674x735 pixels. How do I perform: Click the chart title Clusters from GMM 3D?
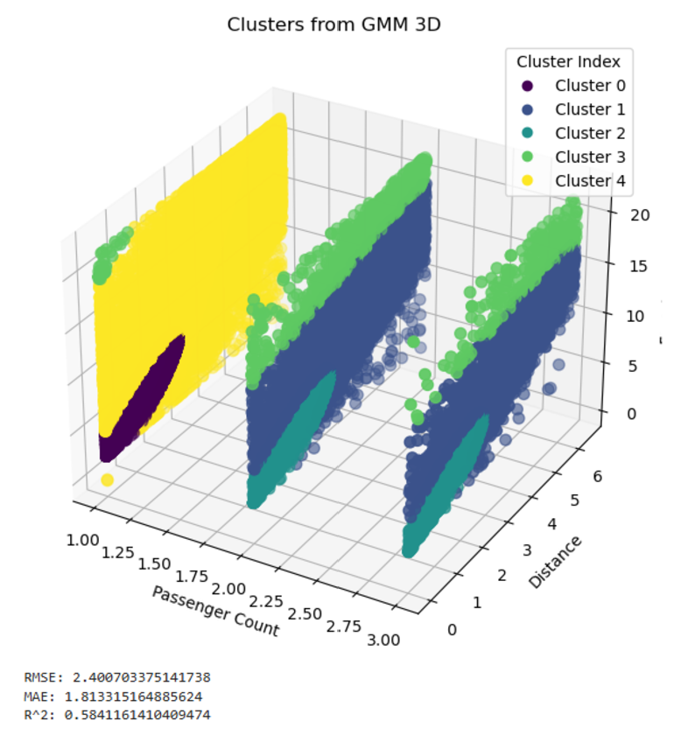pos(333,24)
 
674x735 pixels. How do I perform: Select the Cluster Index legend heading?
pos(568,61)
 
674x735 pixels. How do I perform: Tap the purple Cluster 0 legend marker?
pos(528,86)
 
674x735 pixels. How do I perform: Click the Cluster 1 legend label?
pos(589,109)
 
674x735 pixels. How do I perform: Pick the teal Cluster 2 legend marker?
pos(528,133)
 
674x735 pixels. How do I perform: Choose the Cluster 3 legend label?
pos(589,157)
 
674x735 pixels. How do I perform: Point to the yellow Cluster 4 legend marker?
pos(528,181)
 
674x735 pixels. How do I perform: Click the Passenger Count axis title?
pos(215,611)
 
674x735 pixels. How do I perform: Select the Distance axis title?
pos(555,561)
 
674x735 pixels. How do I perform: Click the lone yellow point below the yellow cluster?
pos(107,480)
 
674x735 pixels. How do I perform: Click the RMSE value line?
pos(117,677)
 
